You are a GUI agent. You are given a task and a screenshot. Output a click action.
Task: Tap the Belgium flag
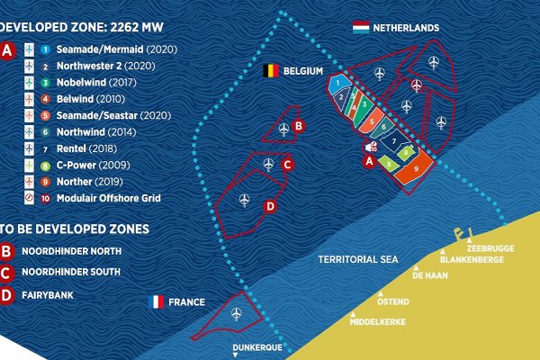269,69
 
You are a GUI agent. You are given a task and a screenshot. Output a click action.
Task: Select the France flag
157,301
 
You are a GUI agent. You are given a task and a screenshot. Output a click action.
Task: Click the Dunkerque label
256,346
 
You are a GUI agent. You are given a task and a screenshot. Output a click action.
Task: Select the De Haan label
430,277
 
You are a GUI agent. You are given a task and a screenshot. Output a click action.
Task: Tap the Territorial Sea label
357,259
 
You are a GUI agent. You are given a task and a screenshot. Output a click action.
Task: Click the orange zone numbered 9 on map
416,169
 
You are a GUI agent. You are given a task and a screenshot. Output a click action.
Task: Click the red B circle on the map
299,126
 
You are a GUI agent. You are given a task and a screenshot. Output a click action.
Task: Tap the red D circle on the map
270,207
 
